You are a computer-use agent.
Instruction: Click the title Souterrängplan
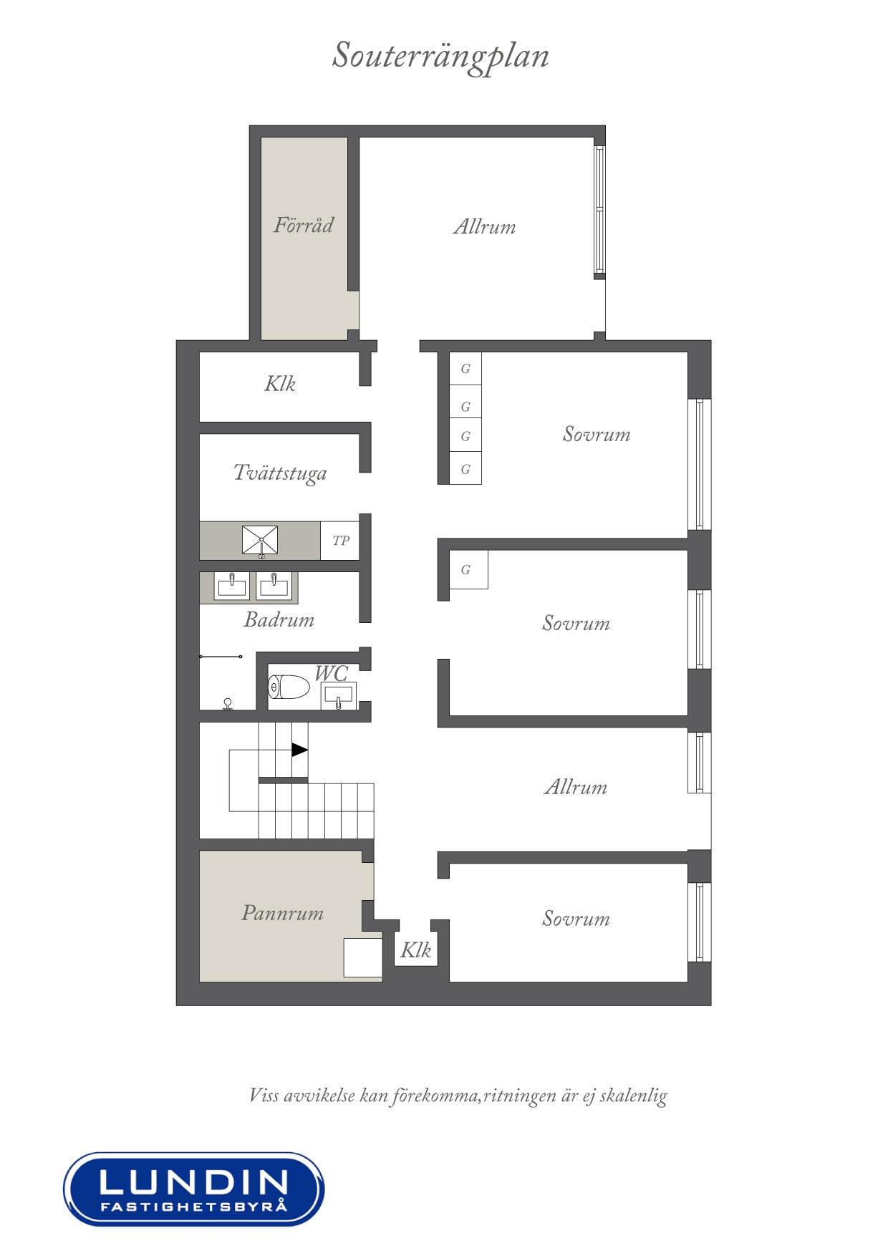click(440, 57)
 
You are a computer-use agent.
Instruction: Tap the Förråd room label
click(304, 225)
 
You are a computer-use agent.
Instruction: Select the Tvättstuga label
click(280, 473)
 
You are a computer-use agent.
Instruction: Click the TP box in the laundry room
click(340, 541)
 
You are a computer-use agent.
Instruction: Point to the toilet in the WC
click(289, 688)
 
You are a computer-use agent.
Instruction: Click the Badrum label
click(279, 619)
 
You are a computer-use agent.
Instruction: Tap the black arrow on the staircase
click(299, 750)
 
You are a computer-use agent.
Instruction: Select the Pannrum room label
click(283, 913)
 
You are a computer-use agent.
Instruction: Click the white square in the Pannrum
click(363, 957)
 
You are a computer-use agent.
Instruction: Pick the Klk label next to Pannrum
click(415, 950)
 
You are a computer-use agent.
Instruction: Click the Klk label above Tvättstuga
click(280, 384)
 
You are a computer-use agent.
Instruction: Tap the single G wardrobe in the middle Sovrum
click(468, 569)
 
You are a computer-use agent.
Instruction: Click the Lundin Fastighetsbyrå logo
click(193, 1189)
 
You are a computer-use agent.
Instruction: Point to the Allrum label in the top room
click(485, 227)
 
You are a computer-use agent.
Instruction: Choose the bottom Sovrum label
click(576, 919)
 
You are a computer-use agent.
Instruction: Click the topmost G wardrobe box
click(465, 369)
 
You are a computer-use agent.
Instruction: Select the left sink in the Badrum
click(233, 586)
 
